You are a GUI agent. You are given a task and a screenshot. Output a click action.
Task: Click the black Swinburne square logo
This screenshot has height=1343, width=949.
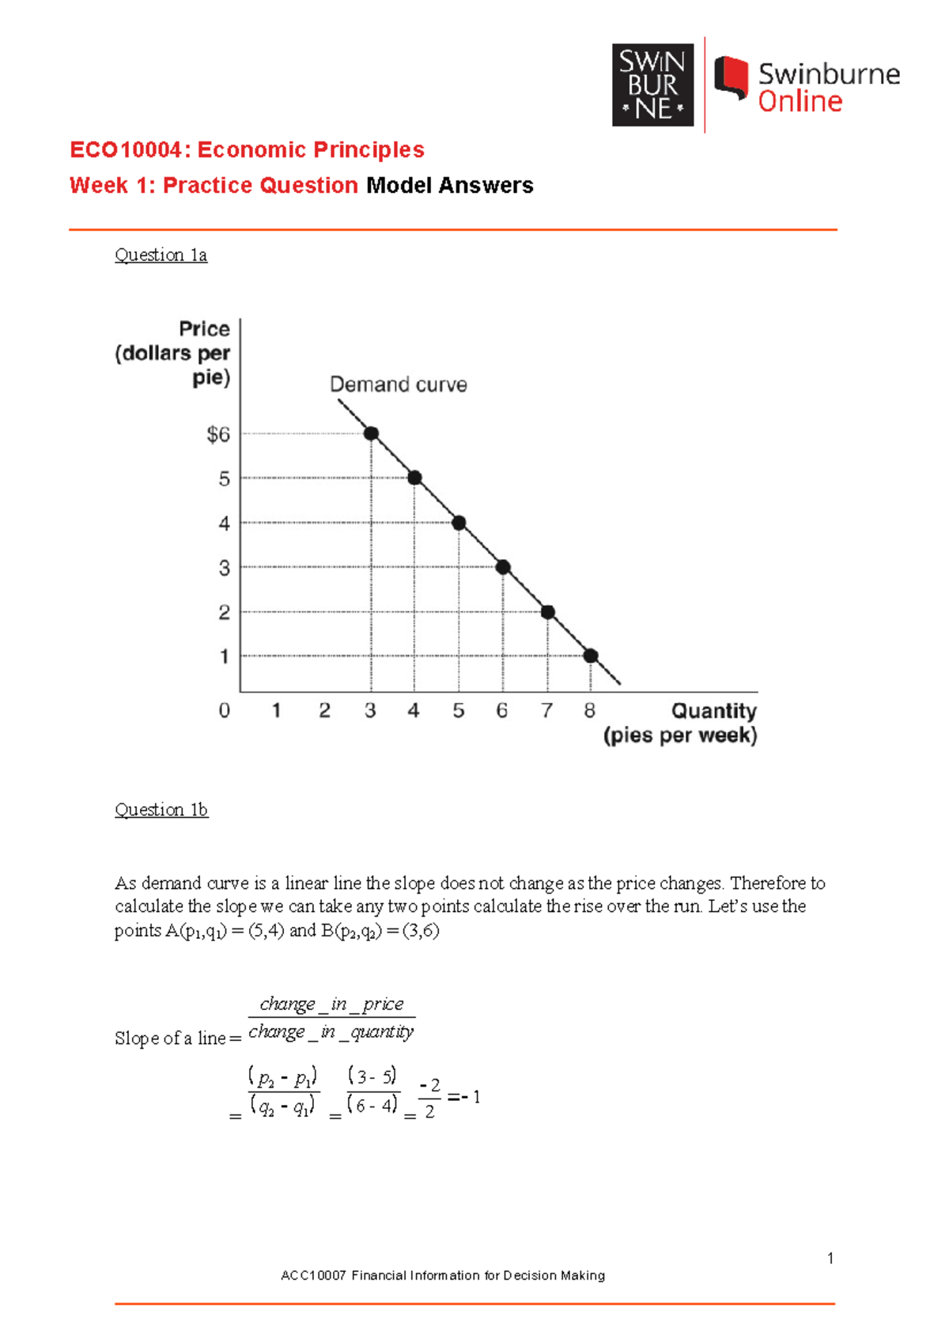(x=652, y=85)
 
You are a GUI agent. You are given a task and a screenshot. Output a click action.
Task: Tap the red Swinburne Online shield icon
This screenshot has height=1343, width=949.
(x=732, y=78)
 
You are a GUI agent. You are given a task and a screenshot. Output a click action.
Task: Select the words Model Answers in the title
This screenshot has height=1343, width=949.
(x=449, y=185)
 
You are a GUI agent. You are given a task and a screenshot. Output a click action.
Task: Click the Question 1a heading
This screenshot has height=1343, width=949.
(x=161, y=255)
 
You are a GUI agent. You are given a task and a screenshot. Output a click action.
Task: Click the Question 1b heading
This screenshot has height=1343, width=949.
(x=161, y=809)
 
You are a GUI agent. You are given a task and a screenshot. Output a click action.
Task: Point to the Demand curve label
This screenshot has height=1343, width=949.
(x=398, y=384)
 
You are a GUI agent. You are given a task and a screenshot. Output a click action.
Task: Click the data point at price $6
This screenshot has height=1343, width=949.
(x=371, y=433)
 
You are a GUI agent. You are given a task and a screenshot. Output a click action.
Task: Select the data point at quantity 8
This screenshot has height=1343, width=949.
(x=591, y=656)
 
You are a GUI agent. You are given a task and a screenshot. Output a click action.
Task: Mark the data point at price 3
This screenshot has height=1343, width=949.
(x=503, y=567)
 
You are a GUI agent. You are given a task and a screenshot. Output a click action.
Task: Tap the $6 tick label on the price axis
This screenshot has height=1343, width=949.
(x=218, y=434)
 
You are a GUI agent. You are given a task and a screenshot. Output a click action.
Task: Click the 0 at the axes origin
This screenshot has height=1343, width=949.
(x=225, y=710)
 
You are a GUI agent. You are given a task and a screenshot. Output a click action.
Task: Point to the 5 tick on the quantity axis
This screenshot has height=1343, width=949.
(x=458, y=710)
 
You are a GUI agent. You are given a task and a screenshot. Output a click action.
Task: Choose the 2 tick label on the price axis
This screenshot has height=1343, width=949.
(x=225, y=612)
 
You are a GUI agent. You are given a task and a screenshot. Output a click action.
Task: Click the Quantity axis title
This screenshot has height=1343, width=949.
(x=713, y=710)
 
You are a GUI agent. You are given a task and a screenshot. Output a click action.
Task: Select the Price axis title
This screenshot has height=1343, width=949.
(x=204, y=328)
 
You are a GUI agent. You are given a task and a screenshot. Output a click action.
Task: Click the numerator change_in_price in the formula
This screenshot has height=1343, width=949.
(x=331, y=1004)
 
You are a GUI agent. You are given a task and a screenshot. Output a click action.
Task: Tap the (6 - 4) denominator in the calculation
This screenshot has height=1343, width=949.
(x=372, y=1105)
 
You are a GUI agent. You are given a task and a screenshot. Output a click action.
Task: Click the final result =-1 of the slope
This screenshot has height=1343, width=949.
(x=464, y=1097)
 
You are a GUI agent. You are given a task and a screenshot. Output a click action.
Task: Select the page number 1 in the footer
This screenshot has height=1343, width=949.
(x=830, y=1258)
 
